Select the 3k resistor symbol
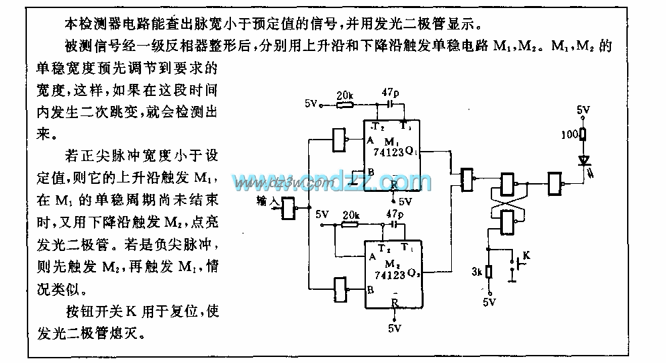tap(490, 272)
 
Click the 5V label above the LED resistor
tap(584, 109)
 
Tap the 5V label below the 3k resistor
tap(490, 302)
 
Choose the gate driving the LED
tap(555, 182)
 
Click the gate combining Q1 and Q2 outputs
tap(466, 178)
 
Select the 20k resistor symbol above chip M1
tap(344, 104)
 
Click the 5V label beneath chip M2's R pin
tap(394, 329)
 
